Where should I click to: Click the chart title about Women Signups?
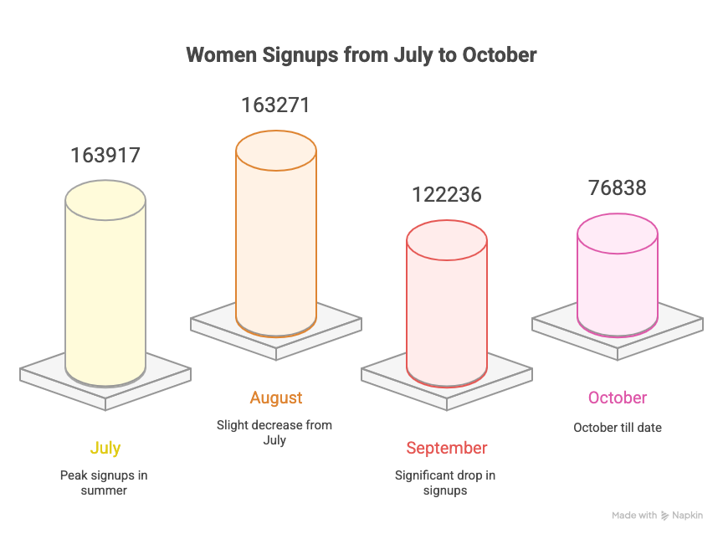coord(361,56)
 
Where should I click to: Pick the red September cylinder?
coord(447,310)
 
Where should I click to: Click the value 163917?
coord(105,156)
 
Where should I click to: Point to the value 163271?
coord(276,105)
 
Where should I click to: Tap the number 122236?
coord(447,194)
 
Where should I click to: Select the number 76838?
coord(618,187)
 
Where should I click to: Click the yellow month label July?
coord(105,448)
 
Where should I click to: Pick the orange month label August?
coord(276,398)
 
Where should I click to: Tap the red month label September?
coord(447,448)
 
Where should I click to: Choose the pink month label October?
coord(618,398)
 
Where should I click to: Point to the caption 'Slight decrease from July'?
coord(274,432)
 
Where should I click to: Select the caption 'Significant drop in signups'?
coord(445,482)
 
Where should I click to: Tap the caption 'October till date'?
coord(618,427)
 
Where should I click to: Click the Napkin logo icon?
coord(665,516)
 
